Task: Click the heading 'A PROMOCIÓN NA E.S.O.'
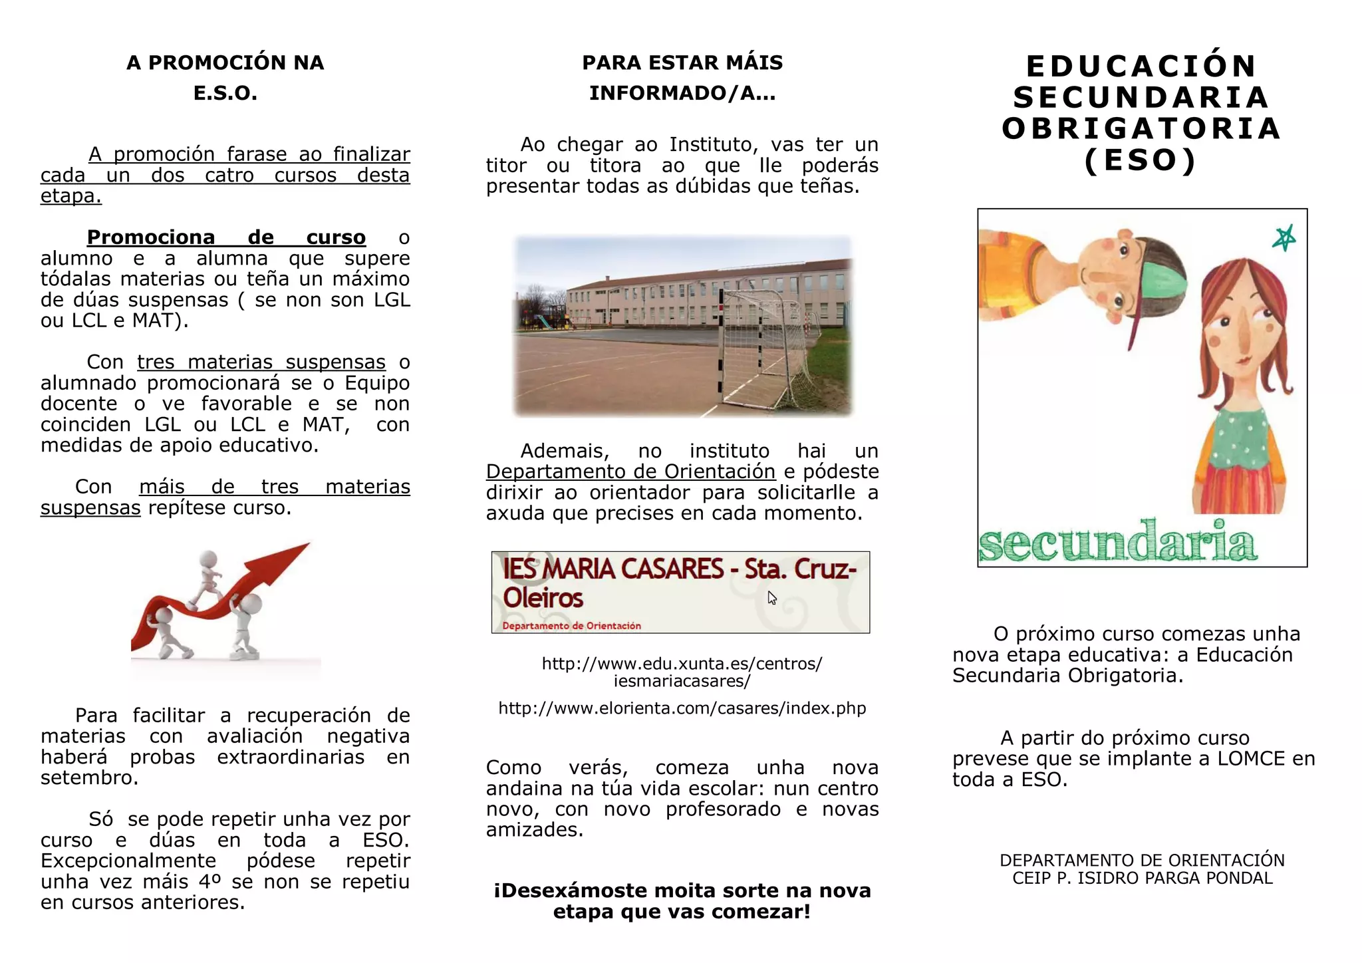click(x=225, y=77)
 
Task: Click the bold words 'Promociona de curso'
click(x=226, y=237)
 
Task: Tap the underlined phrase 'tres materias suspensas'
click(x=261, y=362)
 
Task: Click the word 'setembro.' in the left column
click(x=89, y=777)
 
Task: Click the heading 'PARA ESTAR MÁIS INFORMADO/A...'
click(x=682, y=77)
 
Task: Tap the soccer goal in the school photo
click(x=765, y=346)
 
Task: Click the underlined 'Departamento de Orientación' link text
click(x=630, y=472)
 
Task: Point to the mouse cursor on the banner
click(x=771, y=597)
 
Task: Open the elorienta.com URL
click(x=682, y=708)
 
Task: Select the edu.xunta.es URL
click(x=682, y=672)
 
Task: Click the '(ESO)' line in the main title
click(x=1141, y=160)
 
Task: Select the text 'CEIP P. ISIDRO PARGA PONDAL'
click(x=1143, y=879)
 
